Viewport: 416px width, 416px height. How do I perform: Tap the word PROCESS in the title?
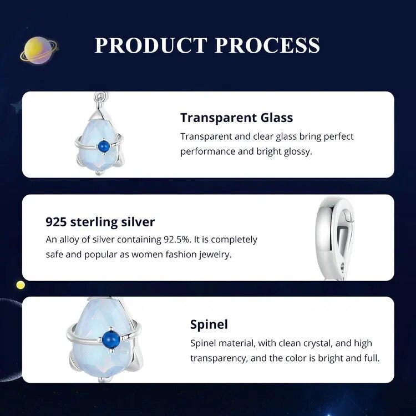267,45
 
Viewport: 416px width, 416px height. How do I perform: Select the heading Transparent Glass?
236,118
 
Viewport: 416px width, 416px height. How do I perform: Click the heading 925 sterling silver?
100,222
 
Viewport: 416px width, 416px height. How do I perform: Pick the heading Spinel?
209,324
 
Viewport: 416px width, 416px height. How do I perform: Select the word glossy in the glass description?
297,151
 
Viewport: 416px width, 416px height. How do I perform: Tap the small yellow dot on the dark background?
21,285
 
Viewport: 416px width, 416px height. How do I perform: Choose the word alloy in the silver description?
68,240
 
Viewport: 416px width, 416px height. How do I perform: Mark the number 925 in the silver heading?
58,222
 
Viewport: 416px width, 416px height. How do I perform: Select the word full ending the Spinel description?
372,358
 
